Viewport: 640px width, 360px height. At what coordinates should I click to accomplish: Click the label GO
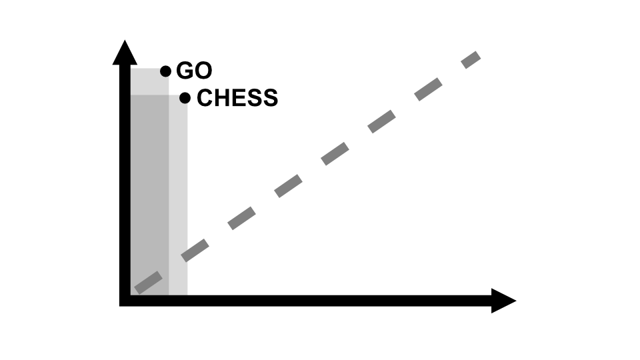194,71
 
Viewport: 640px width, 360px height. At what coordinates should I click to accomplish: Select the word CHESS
237,99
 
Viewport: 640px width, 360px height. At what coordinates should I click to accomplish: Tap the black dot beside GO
166,71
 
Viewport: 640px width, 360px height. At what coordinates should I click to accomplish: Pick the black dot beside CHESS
185,99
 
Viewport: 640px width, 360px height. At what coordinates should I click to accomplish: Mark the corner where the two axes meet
125,301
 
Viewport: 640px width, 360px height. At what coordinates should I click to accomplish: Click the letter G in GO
185,71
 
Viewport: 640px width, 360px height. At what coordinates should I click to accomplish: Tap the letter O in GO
203,71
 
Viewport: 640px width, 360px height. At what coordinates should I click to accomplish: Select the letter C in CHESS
205,99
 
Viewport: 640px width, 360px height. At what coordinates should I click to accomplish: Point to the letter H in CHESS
222,99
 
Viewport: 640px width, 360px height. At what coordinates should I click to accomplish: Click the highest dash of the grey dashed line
471,59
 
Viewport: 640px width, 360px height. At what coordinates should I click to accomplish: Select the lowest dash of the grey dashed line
147,283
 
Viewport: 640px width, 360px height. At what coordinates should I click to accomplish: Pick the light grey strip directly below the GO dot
149,81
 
